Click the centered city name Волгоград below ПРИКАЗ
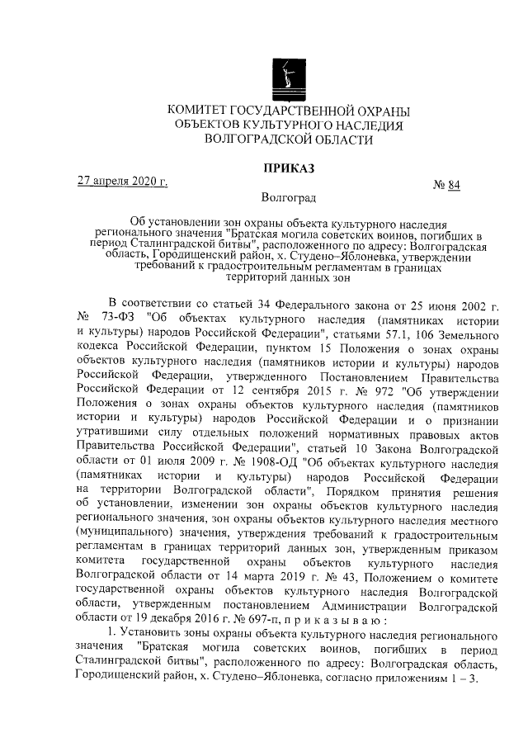(x=288, y=198)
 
